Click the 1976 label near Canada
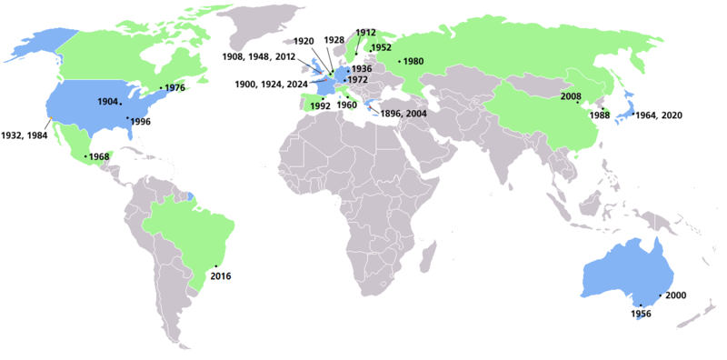[x=175, y=88]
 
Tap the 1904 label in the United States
[x=107, y=102]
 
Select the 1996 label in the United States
[x=140, y=121]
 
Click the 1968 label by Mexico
[x=99, y=157]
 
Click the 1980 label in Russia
[x=413, y=62]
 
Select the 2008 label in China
[x=572, y=95]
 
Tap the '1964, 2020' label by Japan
[x=660, y=115]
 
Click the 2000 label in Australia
[x=676, y=296]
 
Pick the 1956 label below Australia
[x=642, y=314]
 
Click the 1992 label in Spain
[x=319, y=105]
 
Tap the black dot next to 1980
[x=398, y=62]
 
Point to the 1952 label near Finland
[x=382, y=47]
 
